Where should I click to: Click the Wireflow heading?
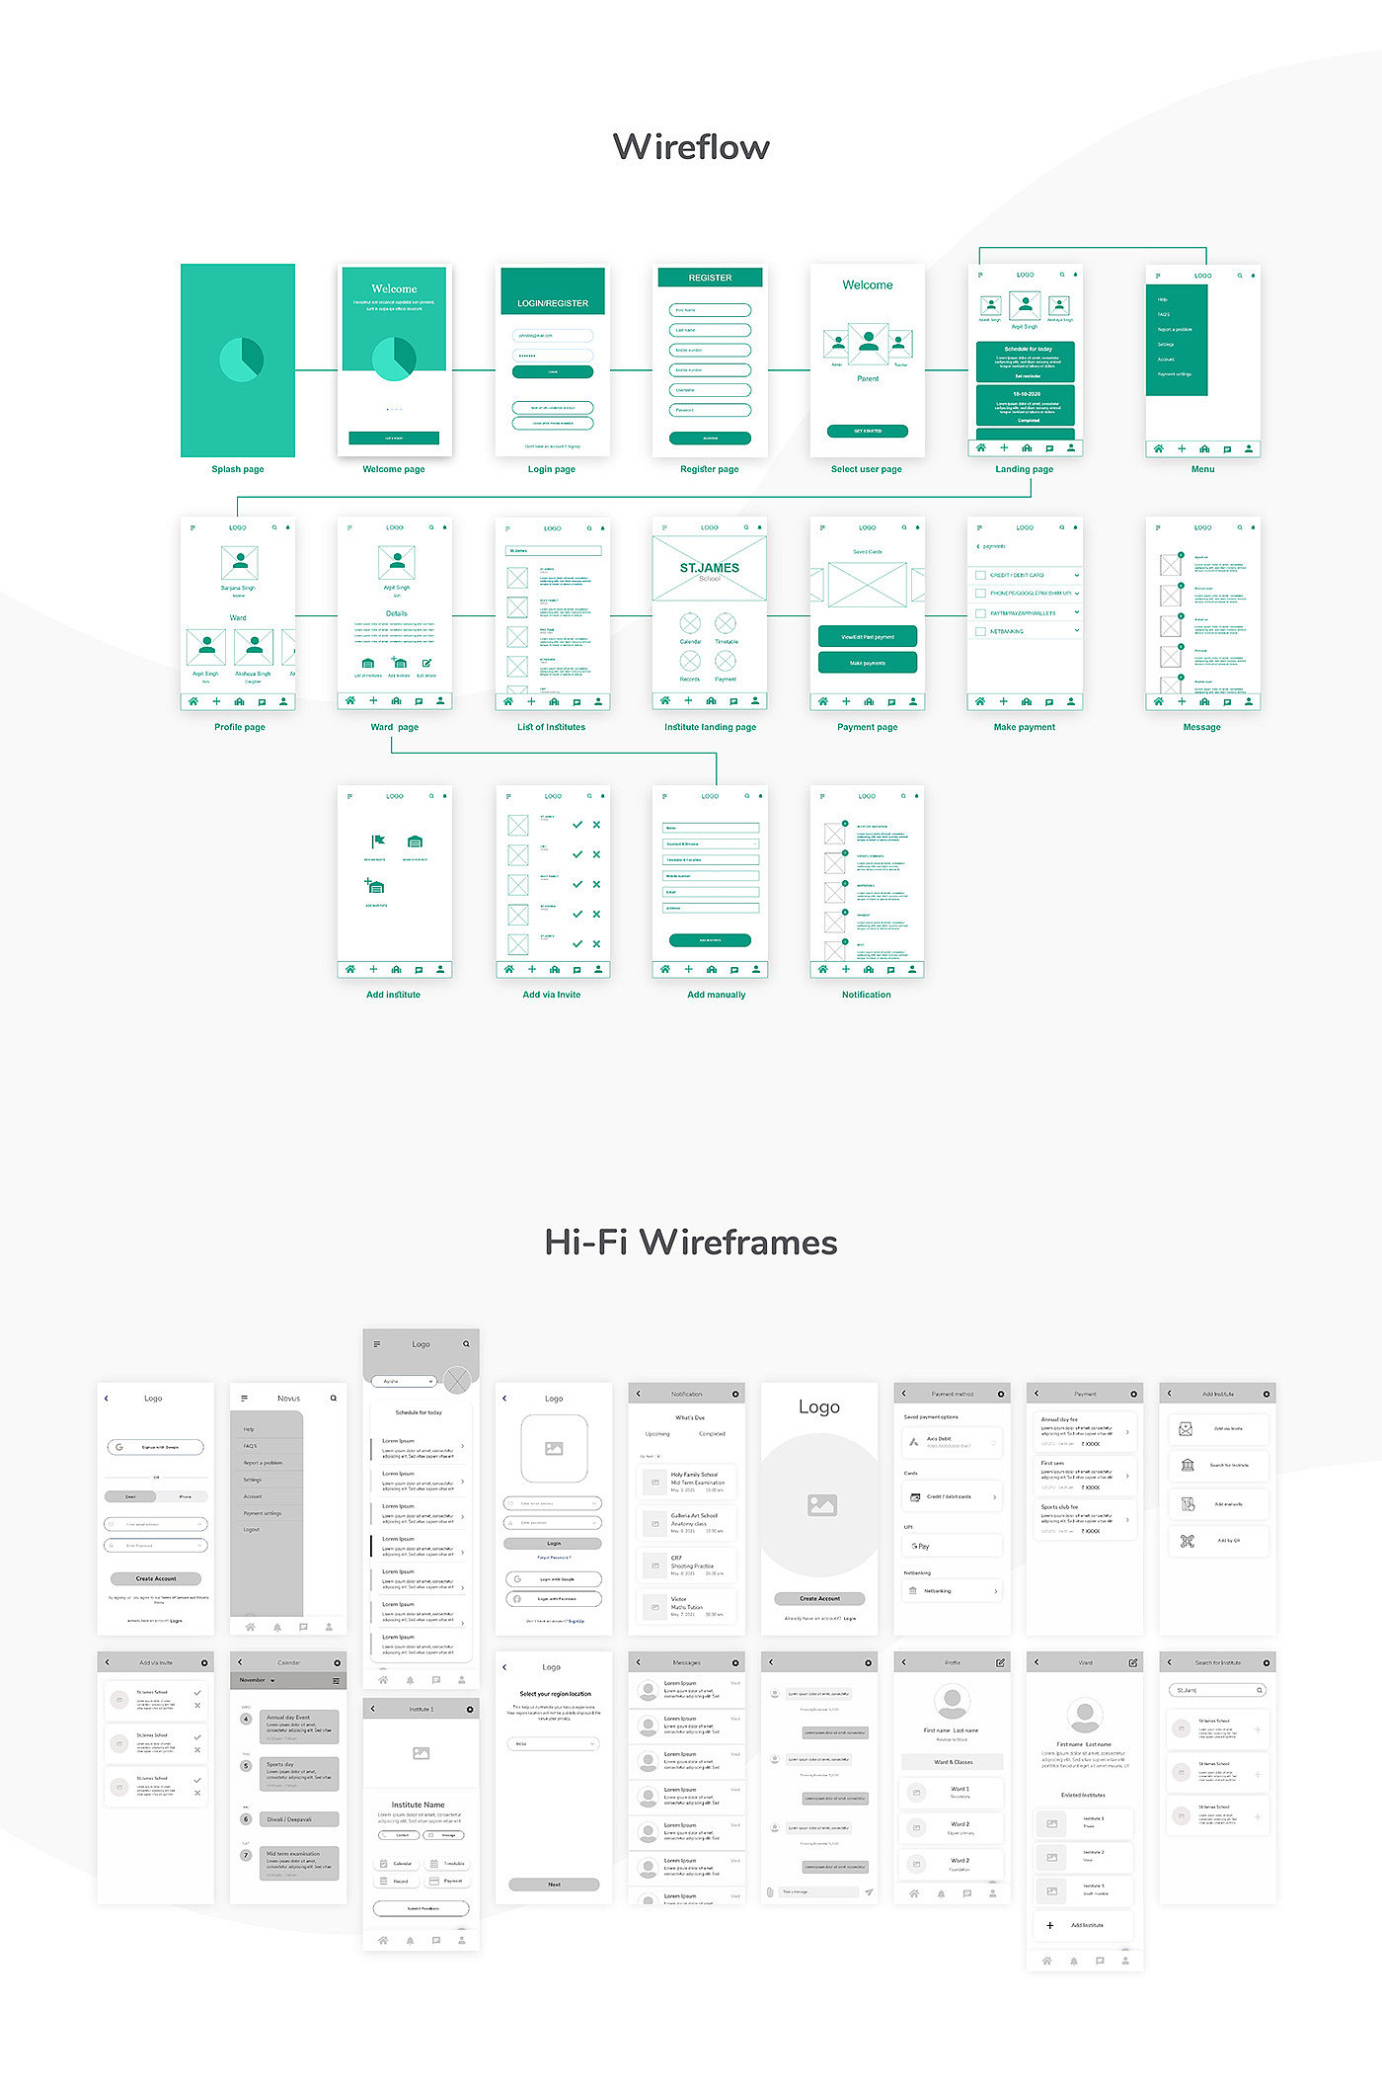point(691,147)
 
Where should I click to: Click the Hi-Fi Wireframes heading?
point(691,1243)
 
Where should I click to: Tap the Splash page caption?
point(238,469)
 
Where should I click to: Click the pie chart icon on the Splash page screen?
point(242,359)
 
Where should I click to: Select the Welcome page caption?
point(394,469)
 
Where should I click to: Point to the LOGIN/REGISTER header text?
point(553,303)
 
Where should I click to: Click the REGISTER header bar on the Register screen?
point(710,278)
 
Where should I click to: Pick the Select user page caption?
point(867,469)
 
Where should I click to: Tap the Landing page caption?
point(1025,469)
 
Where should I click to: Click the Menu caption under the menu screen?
point(1202,469)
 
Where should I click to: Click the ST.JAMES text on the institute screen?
point(709,568)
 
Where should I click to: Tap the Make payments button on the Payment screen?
point(868,663)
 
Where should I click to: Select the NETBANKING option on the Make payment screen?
point(1007,631)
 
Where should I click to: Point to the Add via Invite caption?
point(552,995)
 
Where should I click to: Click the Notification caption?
point(867,995)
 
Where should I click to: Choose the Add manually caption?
point(717,995)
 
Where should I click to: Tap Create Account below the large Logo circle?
point(819,1598)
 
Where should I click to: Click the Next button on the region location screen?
point(554,1884)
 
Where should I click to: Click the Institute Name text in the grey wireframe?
point(419,1805)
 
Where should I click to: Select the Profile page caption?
point(240,727)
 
